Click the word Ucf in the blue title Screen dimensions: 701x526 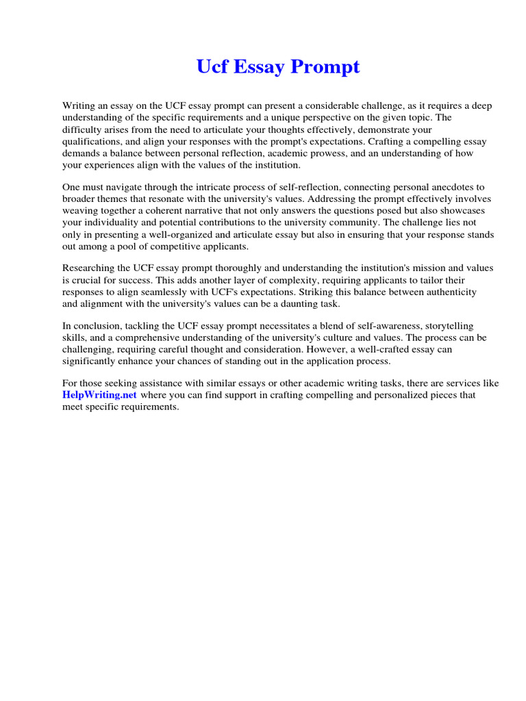pyautogui.click(x=211, y=68)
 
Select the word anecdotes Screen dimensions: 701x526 pyautogui.click(x=450, y=187)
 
